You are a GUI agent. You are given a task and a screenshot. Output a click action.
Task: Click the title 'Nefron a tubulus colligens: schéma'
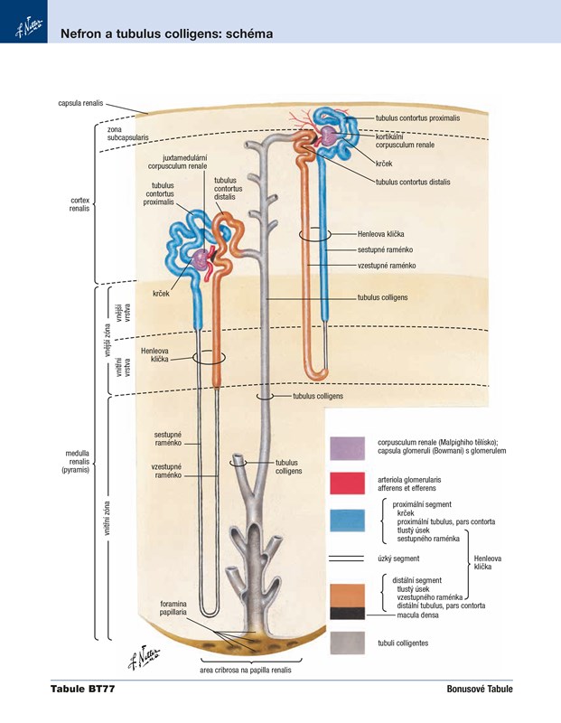pyautogui.click(x=166, y=34)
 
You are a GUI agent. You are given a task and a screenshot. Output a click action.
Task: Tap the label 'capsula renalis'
pyautogui.click(x=79, y=103)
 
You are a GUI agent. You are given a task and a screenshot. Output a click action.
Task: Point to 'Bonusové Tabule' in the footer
pyautogui.click(x=479, y=690)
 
